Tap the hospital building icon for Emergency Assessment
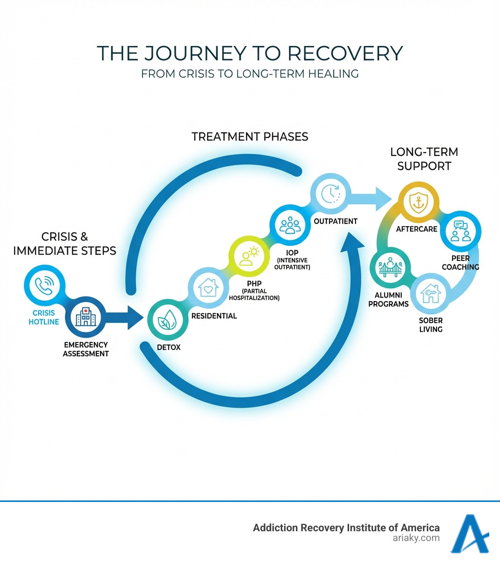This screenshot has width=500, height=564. pyautogui.click(x=85, y=317)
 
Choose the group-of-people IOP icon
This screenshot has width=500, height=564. pyautogui.click(x=290, y=225)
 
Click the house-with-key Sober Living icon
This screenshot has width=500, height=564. pyautogui.click(x=431, y=293)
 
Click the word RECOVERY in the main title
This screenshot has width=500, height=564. pyautogui.click(x=343, y=53)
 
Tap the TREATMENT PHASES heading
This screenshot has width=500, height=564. pyautogui.click(x=250, y=137)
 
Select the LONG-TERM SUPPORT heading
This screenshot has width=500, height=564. pyautogui.click(x=424, y=158)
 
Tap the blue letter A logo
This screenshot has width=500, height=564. pyautogui.click(x=470, y=534)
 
